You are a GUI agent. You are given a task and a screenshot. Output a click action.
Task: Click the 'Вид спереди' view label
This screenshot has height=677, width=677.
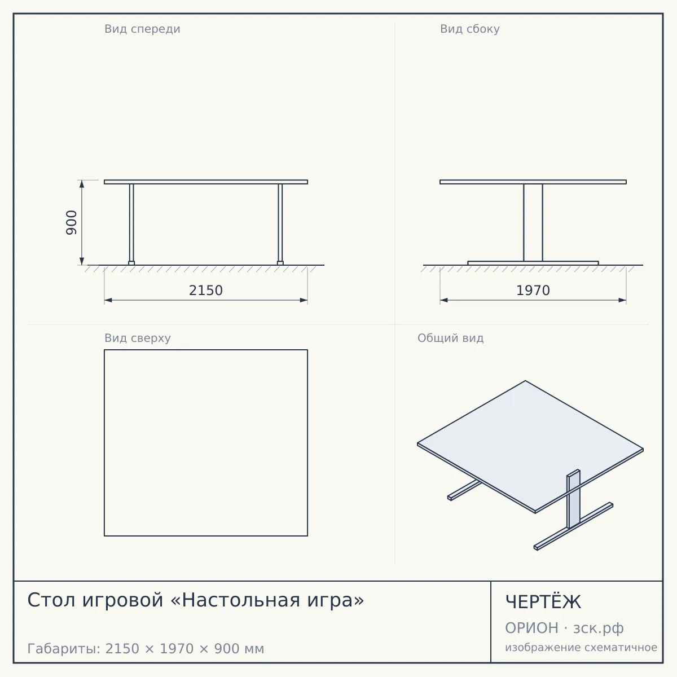click(142, 29)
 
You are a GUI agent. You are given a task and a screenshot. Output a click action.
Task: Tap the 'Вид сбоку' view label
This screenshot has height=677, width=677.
click(470, 29)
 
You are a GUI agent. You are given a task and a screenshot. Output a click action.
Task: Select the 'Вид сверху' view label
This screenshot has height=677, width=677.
click(137, 338)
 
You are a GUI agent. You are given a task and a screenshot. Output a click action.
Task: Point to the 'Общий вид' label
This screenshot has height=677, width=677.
click(450, 338)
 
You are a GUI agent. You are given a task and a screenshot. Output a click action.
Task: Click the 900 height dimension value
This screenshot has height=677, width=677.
click(71, 223)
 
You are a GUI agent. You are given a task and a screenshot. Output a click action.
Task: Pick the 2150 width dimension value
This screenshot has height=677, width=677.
click(206, 291)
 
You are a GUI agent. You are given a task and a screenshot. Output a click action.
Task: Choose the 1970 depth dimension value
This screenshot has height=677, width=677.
click(533, 291)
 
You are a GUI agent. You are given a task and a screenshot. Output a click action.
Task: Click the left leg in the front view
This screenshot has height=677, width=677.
click(131, 223)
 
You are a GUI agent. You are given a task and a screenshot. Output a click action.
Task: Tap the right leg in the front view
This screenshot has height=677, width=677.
click(280, 223)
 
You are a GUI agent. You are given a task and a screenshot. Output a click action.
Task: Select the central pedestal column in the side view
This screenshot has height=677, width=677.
click(533, 222)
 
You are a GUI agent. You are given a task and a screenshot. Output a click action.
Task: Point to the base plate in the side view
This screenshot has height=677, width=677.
click(533, 263)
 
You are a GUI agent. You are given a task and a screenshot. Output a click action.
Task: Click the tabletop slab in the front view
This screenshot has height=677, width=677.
click(206, 182)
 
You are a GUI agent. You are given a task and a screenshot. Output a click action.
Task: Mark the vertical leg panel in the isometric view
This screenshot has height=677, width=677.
click(573, 499)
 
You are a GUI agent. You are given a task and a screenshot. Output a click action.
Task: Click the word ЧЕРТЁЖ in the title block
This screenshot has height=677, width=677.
click(543, 603)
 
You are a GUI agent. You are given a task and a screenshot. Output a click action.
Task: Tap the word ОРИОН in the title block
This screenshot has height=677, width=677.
click(531, 628)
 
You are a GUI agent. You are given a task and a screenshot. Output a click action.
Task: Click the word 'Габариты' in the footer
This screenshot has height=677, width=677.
click(64, 649)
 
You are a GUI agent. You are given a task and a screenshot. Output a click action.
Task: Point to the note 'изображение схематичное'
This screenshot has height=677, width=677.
click(581, 648)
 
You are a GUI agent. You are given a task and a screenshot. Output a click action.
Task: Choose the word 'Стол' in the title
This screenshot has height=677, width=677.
click(51, 600)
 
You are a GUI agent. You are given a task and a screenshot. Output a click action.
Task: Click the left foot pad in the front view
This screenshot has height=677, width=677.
click(131, 263)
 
